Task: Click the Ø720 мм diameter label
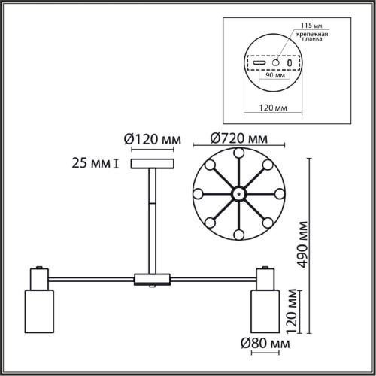point(238,138)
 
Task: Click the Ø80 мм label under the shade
point(267,344)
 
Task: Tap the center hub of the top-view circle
point(238,193)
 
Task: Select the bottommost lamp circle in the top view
point(238,235)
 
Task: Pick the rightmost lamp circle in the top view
point(279,193)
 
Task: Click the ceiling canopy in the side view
point(152,165)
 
